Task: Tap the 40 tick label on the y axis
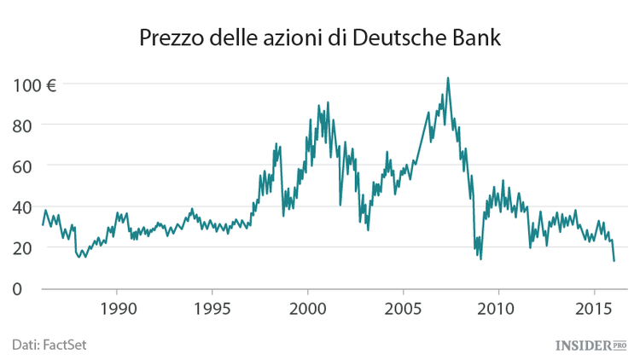[x=23, y=206]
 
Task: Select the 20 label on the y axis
[x=23, y=247]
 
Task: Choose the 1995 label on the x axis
[x=212, y=308]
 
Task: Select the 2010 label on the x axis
[x=498, y=308]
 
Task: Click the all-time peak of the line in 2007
[x=448, y=78]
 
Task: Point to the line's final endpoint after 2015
[x=614, y=260]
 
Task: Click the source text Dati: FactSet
[x=49, y=344]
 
